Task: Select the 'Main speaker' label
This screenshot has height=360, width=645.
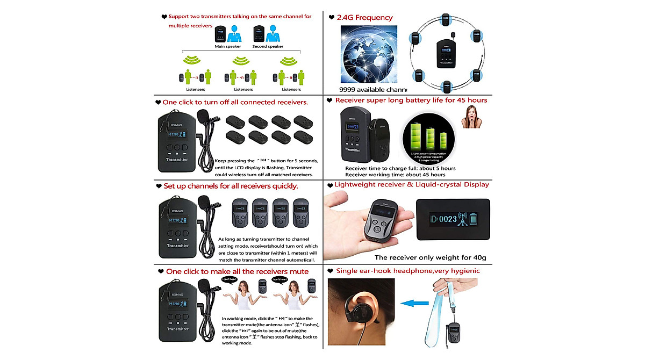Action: coord(227,47)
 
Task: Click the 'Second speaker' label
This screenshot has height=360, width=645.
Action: coord(268,47)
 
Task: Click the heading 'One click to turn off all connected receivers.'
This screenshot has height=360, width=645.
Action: coord(235,102)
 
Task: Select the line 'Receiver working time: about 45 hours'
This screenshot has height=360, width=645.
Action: coord(395,175)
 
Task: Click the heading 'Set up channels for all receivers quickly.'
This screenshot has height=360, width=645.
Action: coord(231,186)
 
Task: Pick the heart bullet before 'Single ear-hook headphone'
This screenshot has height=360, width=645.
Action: coord(330,271)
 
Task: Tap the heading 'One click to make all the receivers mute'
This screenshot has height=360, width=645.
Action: coord(237,271)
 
